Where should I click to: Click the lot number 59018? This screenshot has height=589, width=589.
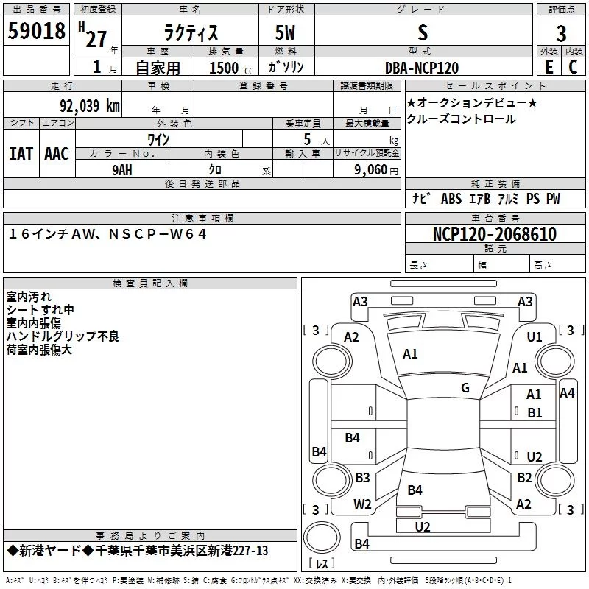click(36, 30)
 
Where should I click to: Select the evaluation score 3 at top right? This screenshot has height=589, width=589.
click(561, 33)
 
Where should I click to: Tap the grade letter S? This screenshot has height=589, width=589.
click(423, 32)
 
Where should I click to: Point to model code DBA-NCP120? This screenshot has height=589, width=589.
click(422, 68)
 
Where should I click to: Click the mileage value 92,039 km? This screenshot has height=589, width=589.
click(90, 105)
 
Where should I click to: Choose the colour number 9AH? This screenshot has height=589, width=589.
click(122, 170)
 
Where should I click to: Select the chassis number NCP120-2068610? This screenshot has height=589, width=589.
click(495, 233)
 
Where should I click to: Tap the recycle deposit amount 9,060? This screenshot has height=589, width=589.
click(370, 170)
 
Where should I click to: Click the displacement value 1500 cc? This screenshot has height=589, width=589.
click(231, 68)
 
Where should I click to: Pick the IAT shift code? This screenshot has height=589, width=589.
click(21, 154)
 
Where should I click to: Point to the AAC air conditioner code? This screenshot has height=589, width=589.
click(57, 154)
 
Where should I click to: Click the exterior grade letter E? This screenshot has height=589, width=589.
click(549, 67)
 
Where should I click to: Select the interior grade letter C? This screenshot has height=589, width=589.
click(573, 67)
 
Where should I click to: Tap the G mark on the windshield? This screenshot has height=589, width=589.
click(465, 387)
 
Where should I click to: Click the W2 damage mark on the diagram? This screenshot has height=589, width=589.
click(362, 504)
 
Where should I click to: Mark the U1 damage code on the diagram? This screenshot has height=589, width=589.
click(535, 337)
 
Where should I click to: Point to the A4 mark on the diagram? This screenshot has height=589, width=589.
click(567, 393)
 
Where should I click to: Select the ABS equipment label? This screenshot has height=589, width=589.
click(451, 198)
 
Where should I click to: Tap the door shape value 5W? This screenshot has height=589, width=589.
click(285, 32)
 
